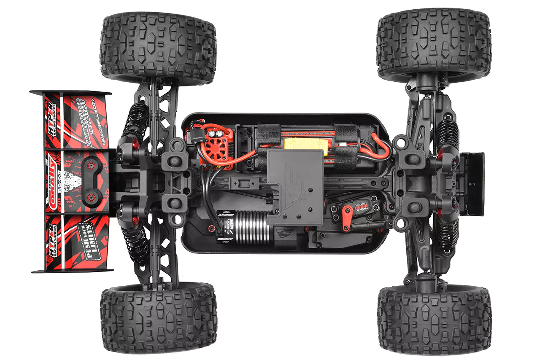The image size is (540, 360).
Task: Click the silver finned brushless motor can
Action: coord(251,228)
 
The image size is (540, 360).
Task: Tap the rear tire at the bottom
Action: coord(158,318)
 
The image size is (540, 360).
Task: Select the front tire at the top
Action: coord(434,44)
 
